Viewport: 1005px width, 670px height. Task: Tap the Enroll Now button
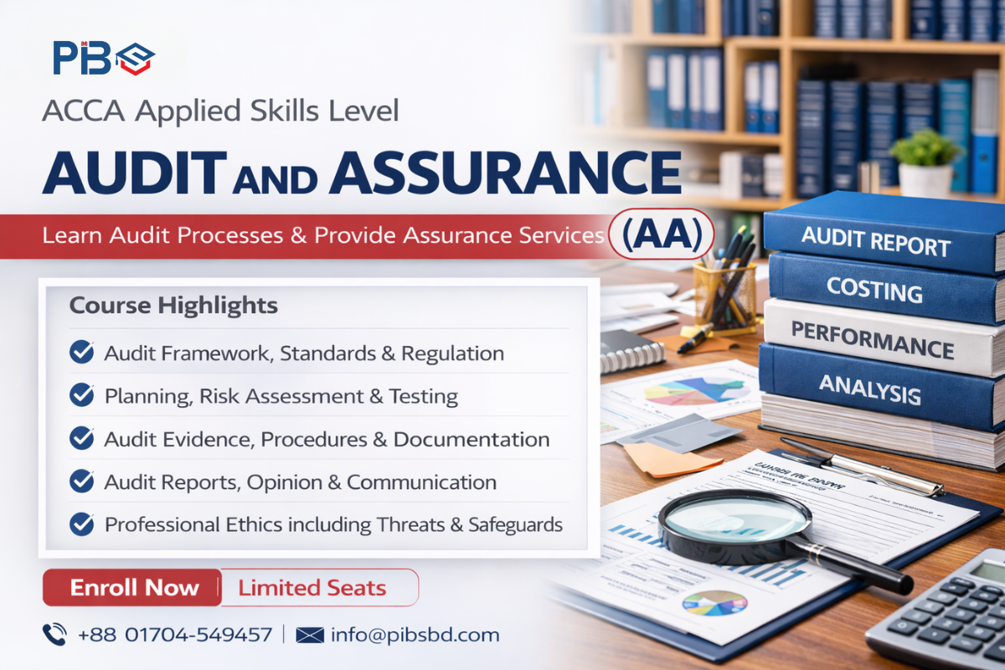click(x=133, y=587)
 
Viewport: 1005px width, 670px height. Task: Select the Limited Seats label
click(x=312, y=587)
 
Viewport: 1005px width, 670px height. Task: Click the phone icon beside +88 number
click(x=55, y=634)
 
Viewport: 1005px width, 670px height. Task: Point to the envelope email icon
click(x=310, y=634)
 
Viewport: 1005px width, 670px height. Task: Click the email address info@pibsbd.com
click(x=415, y=634)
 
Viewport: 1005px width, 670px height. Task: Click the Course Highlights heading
click(x=173, y=306)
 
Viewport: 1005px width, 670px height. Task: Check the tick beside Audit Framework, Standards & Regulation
click(x=81, y=353)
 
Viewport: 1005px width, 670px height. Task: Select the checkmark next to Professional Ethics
click(x=81, y=524)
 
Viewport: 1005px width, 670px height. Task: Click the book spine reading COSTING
click(x=874, y=289)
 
